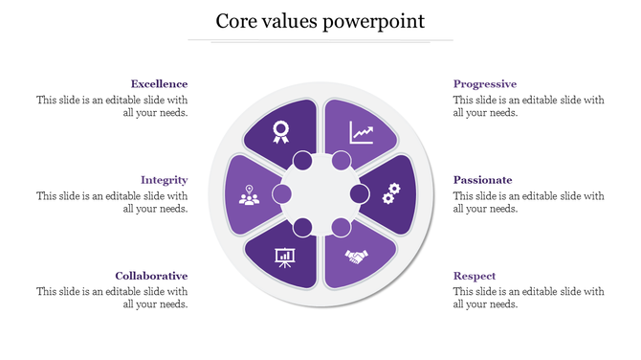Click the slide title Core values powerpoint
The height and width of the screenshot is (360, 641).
tap(320, 21)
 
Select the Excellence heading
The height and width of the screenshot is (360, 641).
tap(159, 84)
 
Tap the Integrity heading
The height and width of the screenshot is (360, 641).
tap(164, 180)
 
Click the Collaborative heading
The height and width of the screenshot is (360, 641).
tap(151, 276)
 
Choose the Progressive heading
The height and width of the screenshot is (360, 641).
tap(484, 84)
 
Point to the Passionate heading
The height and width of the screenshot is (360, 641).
tap(482, 180)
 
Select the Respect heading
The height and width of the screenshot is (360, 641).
tap(475, 276)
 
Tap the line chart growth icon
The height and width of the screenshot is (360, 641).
tap(362, 131)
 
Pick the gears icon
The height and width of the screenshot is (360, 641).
tap(390, 194)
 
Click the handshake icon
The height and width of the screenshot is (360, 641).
tap(358, 257)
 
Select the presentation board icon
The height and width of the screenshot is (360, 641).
tap(284, 256)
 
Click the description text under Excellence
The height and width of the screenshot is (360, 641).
tap(112, 106)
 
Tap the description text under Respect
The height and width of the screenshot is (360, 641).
tap(528, 298)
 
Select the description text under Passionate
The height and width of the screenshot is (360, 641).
tap(528, 202)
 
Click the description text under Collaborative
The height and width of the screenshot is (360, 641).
tap(112, 298)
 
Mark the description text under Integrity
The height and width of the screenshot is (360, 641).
tap(112, 202)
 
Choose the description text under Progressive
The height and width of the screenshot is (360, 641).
tap(528, 106)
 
